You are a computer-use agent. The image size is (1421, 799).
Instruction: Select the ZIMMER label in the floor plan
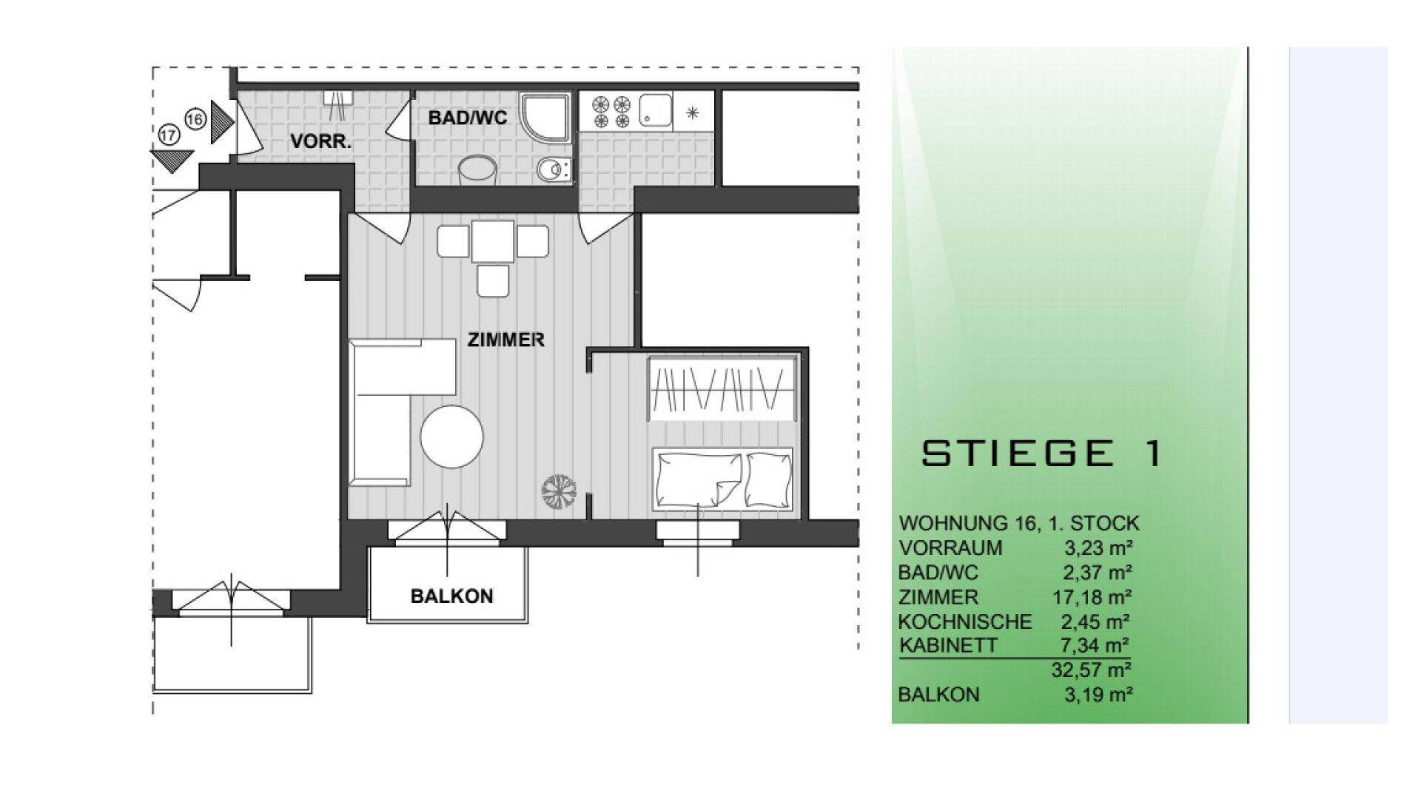point(506,340)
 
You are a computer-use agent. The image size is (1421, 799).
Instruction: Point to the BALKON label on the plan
point(451,596)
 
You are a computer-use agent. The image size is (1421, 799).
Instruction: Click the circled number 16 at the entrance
point(195,118)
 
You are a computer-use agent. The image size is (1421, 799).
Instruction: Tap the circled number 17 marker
point(169,135)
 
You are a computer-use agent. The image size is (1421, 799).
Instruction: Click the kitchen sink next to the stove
point(656,110)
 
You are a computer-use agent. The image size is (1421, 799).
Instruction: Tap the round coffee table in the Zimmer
point(452,436)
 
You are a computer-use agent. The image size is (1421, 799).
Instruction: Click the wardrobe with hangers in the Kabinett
point(722,388)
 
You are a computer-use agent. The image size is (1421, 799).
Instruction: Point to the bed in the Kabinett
point(722,479)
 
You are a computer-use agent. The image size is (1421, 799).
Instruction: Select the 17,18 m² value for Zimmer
point(1092,596)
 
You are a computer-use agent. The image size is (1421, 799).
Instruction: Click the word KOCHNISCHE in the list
point(965,621)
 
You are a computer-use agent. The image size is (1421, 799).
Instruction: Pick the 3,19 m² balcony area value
point(1098,695)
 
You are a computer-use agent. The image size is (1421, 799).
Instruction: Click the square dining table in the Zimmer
point(493,242)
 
